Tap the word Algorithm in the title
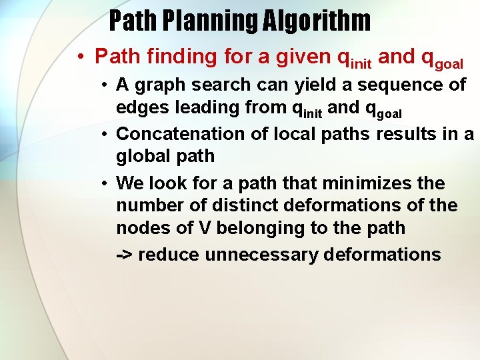click(x=316, y=21)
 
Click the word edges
click(x=143, y=107)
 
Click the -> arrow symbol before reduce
click(x=124, y=255)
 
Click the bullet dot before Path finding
click(x=79, y=57)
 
